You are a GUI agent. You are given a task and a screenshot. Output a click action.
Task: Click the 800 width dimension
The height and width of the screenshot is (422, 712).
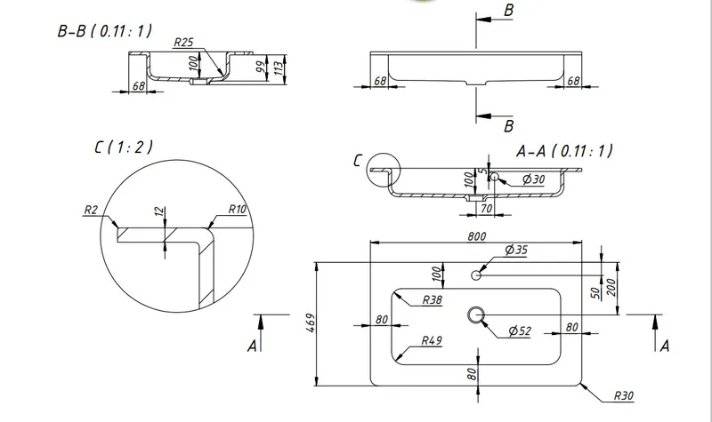[476, 236]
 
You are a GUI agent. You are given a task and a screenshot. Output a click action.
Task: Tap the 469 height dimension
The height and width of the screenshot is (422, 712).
[311, 322]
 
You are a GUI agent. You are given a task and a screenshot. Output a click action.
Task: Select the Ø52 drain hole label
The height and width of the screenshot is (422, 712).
[520, 330]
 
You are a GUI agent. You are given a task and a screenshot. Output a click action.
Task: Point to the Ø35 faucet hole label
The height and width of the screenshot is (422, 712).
[516, 250]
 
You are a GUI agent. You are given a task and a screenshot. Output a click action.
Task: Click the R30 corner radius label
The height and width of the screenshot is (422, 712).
[623, 395]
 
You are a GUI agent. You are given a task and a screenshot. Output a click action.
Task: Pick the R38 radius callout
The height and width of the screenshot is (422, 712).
[432, 299]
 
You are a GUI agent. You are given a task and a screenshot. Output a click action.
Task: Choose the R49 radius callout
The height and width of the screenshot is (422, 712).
[432, 340]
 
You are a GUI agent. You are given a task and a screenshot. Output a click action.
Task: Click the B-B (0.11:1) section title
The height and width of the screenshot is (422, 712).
[104, 31]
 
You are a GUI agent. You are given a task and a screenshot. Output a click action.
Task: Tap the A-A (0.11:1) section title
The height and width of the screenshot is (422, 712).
[564, 150]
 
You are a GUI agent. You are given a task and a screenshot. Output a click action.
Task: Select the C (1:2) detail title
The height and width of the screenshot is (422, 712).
[124, 147]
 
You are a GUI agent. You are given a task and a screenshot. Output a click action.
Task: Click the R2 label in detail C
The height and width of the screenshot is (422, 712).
[91, 210]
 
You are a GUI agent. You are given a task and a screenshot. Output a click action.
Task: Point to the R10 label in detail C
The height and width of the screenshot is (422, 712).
[237, 209]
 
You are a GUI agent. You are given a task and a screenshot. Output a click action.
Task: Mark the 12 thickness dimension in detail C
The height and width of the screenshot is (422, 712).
[158, 211]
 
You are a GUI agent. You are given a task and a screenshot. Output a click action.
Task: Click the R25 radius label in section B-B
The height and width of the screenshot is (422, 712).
[183, 42]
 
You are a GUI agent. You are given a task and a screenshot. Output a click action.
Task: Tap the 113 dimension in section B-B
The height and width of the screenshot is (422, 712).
[279, 68]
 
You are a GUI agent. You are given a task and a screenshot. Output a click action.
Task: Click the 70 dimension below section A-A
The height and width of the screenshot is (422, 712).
[486, 209]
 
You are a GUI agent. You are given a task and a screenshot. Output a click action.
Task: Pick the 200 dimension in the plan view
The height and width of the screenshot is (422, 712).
[611, 287]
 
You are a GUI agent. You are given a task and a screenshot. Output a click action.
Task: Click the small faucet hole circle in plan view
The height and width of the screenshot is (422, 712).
[476, 275]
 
